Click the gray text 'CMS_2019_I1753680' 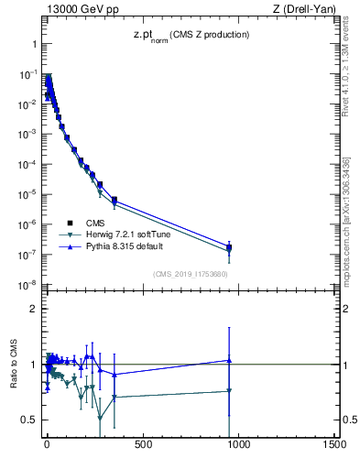(x=190, y=273)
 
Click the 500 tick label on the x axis (x=142, y=446)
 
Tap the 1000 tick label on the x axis (x=238, y=446)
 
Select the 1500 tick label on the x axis (x=334, y=446)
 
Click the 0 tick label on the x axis (x=47, y=446)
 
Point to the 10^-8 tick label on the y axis (x=27, y=286)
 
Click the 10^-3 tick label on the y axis (x=27, y=134)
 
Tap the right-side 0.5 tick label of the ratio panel (x=351, y=420)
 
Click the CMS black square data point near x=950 (x=229, y=247)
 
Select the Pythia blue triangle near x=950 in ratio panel (x=229, y=360)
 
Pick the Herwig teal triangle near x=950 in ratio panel (x=229, y=391)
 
